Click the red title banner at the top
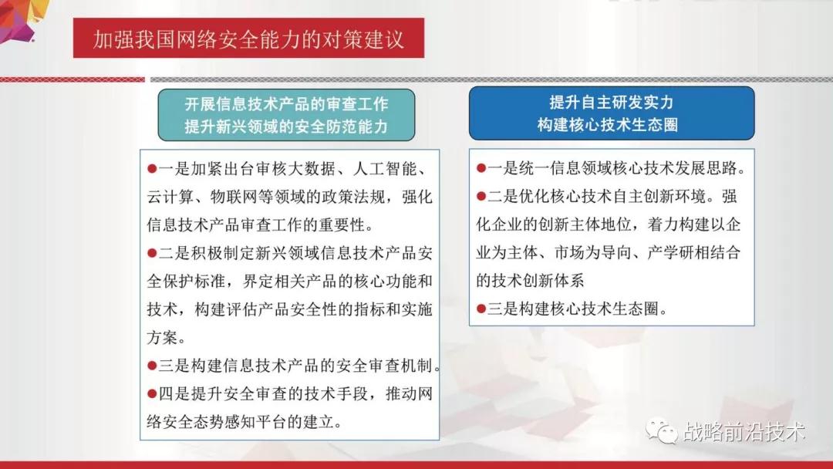[248, 38]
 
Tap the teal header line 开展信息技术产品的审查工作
[287, 104]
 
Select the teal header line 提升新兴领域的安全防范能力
[287, 127]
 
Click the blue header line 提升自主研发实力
[612, 102]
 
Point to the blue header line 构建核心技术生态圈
[608, 124]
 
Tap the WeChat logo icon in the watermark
[662, 430]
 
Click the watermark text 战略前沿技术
[744, 431]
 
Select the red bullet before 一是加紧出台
[152, 169]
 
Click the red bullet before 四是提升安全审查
[152, 393]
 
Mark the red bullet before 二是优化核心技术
[481, 197]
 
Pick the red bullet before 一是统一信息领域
[481, 168]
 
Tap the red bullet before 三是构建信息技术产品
[152, 366]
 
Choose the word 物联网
[234, 197]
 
